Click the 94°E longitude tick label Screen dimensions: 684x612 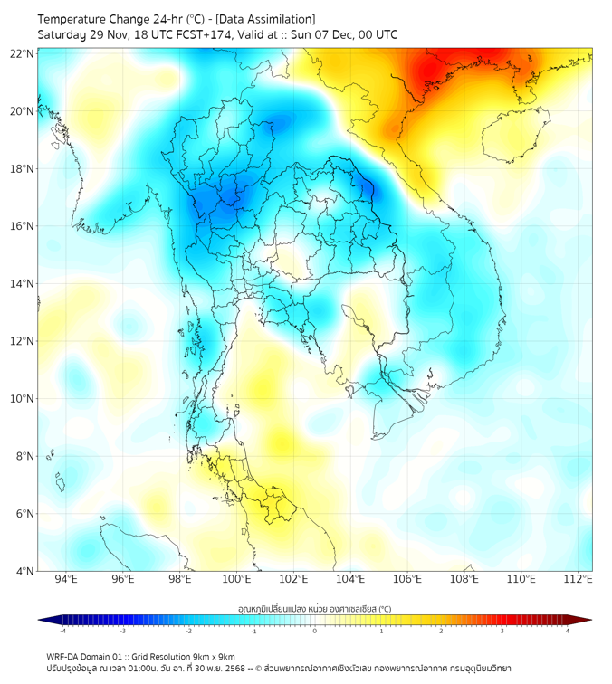point(66,579)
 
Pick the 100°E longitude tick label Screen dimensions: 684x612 point(237,579)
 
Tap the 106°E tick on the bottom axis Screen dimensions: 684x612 point(407,579)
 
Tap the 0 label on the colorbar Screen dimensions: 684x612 point(315,632)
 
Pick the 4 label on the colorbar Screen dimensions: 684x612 point(568,632)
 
